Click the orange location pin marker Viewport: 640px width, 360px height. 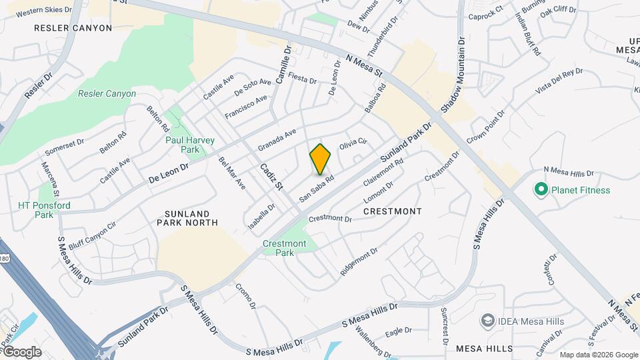pyautogui.click(x=320, y=159)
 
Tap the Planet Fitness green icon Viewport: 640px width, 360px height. pyautogui.click(x=540, y=190)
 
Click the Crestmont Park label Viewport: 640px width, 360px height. pyautogui.click(x=284, y=249)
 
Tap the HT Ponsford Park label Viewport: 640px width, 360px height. pyautogui.click(x=44, y=210)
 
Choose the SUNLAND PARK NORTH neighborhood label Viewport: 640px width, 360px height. pyautogui.click(x=187, y=217)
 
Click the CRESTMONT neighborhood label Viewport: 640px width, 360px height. pyautogui.click(x=393, y=211)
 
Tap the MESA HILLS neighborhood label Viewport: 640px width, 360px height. pyautogui.click(x=485, y=349)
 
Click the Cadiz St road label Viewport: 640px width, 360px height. pyautogui.click(x=272, y=176)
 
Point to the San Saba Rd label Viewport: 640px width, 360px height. pyautogui.click(x=316, y=189)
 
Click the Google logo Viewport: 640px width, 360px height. pyautogui.click(x=21, y=351)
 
